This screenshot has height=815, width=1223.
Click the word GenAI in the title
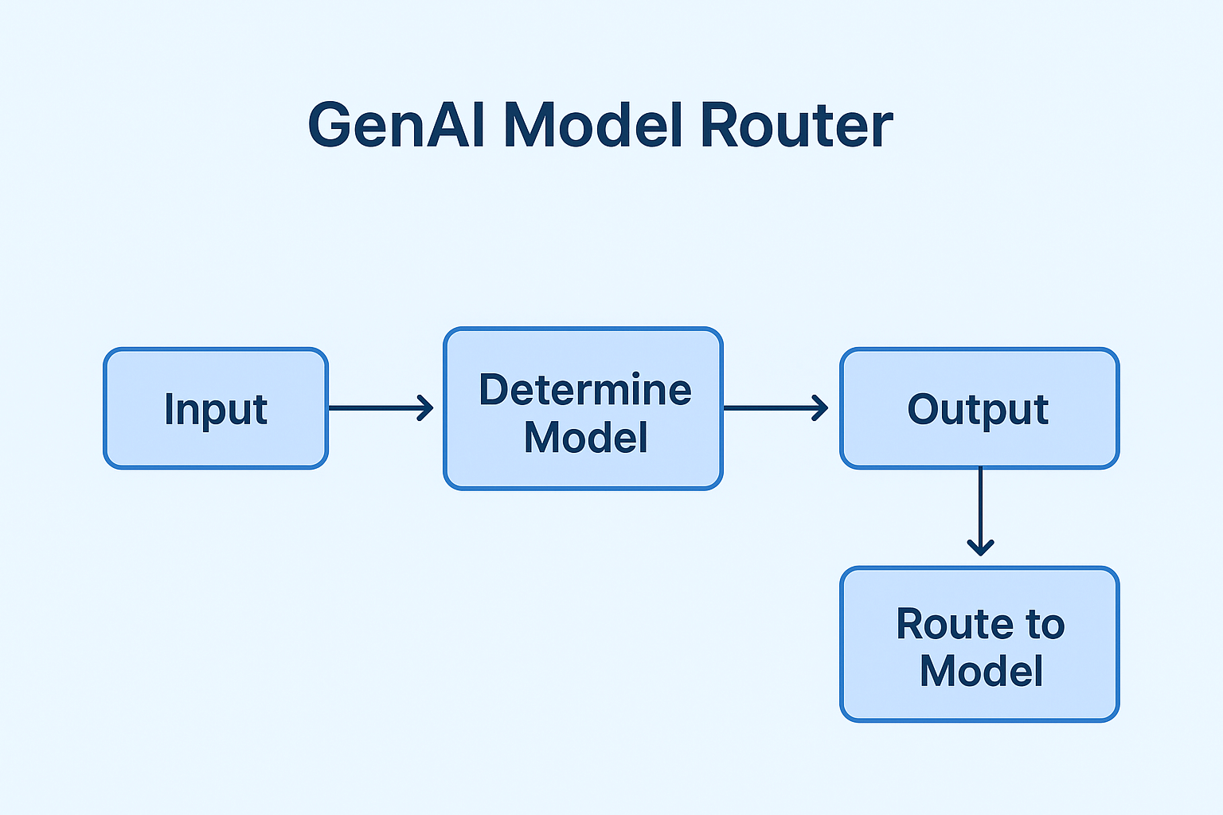tap(396, 126)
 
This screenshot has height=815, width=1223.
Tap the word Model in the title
tap(592, 126)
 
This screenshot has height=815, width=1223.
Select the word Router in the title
tap(796, 126)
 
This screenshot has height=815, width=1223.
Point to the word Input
tap(215, 410)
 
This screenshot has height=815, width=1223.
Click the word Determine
tap(584, 390)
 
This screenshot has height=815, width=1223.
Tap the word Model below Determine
tap(585, 438)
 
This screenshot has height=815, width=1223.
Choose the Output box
tap(979, 450)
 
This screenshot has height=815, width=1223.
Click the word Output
tap(978, 410)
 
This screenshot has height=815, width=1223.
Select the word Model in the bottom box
tap(981, 671)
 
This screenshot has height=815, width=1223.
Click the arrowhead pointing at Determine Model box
tap(427, 408)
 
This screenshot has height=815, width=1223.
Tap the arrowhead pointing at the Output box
tap(822, 408)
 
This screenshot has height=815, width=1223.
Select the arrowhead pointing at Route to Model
tap(980, 548)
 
